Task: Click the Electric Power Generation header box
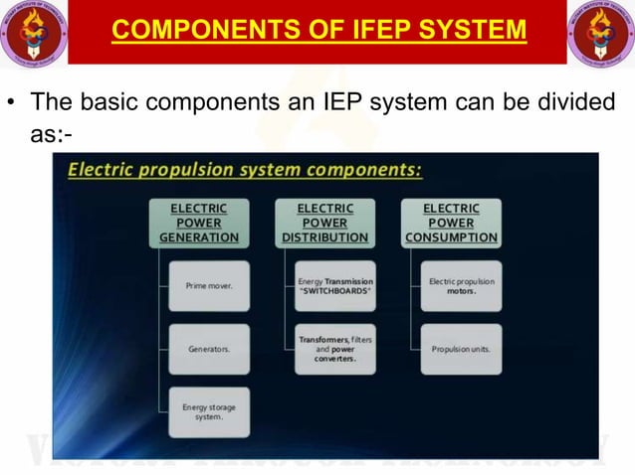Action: click(x=199, y=223)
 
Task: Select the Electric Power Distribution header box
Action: click(x=324, y=223)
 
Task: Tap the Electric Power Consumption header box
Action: click(x=451, y=223)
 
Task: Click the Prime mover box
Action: click(x=209, y=286)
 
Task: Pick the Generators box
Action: click(x=209, y=349)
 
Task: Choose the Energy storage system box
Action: click(x=209, y=411)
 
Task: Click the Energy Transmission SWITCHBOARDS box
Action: click(x=335, y=286)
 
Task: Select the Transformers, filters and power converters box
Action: click(x=335, y=349)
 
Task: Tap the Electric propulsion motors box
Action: click(x=461, y=286)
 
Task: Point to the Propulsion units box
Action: click(x=461, y=349)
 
